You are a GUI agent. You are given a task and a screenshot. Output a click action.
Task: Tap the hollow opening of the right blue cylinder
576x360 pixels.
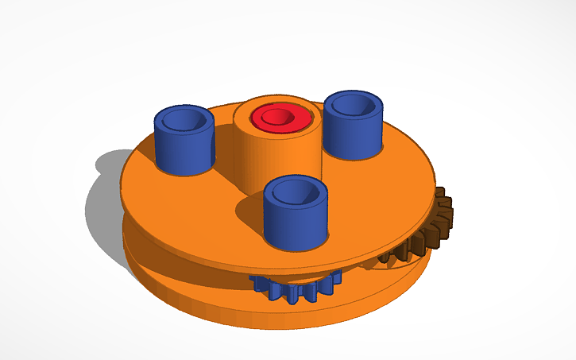click(x=354, y=103)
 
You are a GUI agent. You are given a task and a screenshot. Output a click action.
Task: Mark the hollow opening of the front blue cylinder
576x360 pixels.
click(x=296, y=190)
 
